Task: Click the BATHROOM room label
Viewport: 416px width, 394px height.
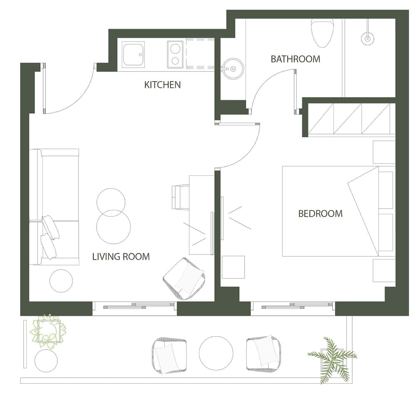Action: [x=295, y=59]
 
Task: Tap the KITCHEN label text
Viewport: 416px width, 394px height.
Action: [x=162, y=85]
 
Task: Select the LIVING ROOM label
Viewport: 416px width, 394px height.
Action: [x=121, y=257]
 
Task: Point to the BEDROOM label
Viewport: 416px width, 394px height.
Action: [x=320, y=213]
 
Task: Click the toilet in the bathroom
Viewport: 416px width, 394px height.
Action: [x=322, y=33]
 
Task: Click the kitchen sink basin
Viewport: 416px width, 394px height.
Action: [x=134, y=54]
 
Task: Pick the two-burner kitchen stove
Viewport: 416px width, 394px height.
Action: [x=175, y=54]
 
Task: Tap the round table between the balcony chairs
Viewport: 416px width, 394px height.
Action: [x=216, y=353]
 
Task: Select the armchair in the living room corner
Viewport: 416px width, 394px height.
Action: [x=184, y=279]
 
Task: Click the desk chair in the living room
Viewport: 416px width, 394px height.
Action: [x=181, y=197]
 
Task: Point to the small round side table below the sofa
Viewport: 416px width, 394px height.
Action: [x=61, y=281]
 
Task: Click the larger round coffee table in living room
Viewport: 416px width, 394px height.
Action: [x=113, y=227]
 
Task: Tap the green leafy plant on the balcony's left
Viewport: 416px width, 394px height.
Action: [x=48, y=331]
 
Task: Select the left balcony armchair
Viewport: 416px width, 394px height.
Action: [x=169, y=355]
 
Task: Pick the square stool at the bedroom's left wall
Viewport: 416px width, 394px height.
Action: [x=233, y=267]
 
